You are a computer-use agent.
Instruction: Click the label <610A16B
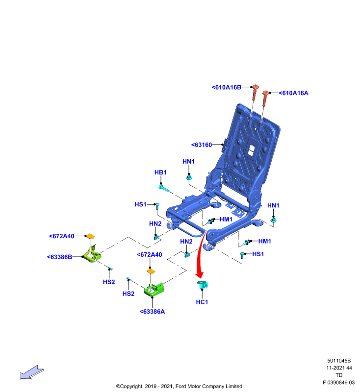tap(227, 87)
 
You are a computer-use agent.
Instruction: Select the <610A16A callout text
tap(293, 93)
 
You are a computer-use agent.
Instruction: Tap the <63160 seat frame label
tap(202, 145)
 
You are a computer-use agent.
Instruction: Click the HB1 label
tap(160, 172)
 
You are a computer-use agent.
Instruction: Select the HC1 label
tap(202, 302)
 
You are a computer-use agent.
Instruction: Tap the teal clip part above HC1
tap(203, 285)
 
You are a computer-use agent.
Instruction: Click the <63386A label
tap(152, 312)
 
